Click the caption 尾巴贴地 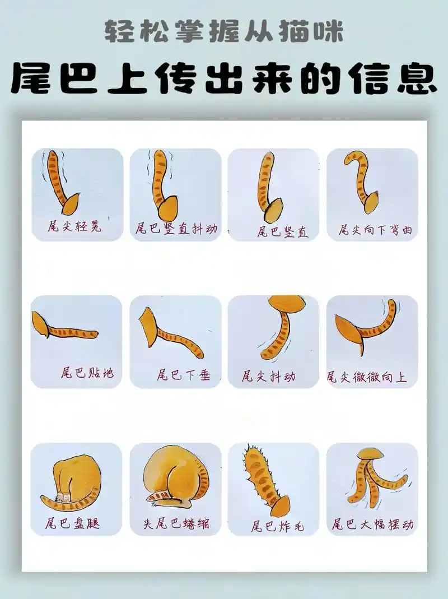click(87, 373)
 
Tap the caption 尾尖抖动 click(268, 376)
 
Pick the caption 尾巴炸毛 click(277, 526)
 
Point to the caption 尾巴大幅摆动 click(372, 524)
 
